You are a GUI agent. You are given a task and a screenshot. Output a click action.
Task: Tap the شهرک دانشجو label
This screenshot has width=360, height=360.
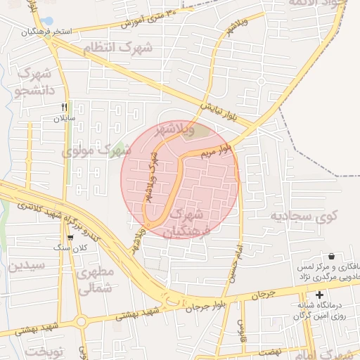pyautogui.click(x=33, y=81)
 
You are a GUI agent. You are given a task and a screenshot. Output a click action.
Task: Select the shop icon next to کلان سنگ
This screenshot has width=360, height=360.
pyautogui.click(x=70, y=238)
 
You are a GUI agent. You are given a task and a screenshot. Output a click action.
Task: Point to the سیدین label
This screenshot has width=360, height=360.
pyautogui.click(x=27, y=266)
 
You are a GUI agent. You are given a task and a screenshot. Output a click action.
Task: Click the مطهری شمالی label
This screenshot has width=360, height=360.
pyautogui.click(x=96, y=280)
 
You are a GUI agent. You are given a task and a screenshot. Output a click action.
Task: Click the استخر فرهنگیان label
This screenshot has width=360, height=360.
pyautogui.click(x=28, y=32)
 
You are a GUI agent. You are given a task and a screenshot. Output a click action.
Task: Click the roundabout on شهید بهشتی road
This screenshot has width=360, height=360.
pyautogui.click(x=81, y=323)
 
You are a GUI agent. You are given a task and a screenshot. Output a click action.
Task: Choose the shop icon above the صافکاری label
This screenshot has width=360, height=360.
pyautogui.click(x=331, y=257)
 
